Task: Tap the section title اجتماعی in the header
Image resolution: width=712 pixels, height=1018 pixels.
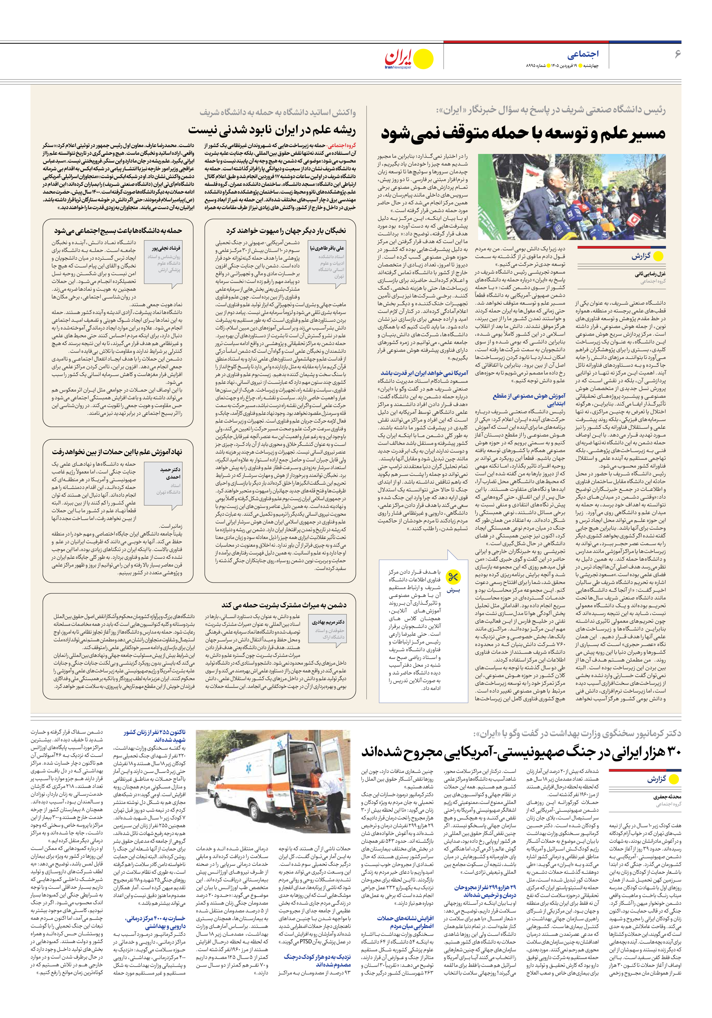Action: [583, 54]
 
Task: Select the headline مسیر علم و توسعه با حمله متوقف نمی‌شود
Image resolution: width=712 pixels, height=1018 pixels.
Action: [523, 133]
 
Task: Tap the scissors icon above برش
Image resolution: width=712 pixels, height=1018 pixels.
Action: [453, 577]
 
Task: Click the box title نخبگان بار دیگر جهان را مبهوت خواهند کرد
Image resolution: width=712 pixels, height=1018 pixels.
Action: [286, 231]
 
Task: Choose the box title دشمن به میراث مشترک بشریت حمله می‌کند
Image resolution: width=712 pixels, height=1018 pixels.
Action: [284, 605]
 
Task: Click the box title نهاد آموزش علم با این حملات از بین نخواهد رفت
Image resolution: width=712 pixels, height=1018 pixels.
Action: [117, 452]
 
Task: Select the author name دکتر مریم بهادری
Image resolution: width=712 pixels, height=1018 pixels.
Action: [328, 622]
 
